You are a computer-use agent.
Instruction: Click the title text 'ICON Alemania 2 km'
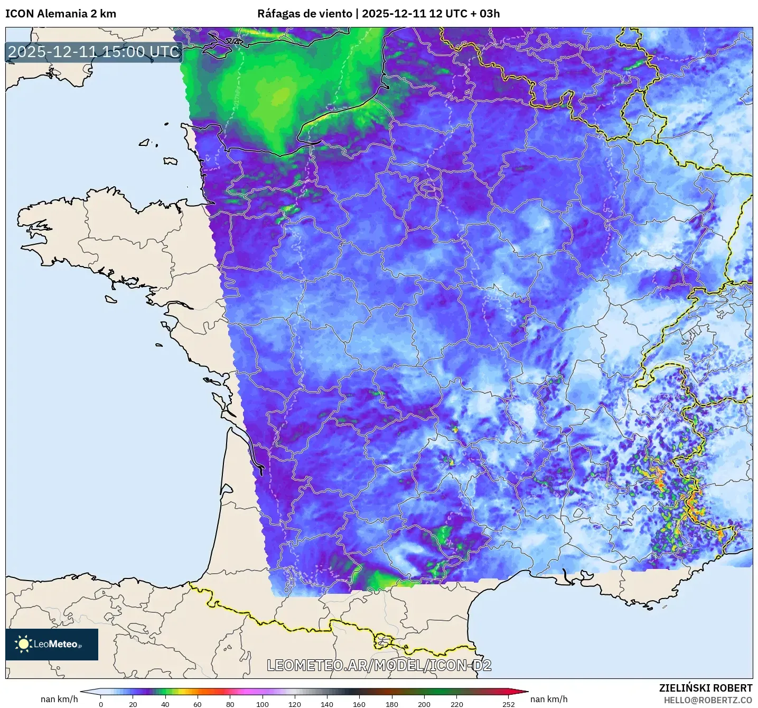coord(60,14)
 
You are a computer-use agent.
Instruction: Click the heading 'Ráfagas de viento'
coord(304,14)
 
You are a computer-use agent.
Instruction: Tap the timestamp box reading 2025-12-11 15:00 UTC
coord(94,52)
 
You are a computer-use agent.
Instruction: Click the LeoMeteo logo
coord(52,644)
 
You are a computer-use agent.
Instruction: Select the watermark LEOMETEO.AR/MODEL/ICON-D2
coord(379,665)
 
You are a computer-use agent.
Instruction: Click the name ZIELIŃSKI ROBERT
coord(705,688)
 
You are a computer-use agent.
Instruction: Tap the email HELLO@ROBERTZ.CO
coord(708,700)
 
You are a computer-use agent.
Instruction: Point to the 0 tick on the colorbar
coord(101,704)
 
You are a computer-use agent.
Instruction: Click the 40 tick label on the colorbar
coord(165,704)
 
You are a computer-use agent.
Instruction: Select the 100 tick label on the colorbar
coord(263,704)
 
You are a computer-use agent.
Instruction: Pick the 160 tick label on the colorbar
coord(359,704)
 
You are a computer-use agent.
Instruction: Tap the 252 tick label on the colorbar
coord(508,704)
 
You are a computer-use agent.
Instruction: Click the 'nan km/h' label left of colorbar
coord(59,699)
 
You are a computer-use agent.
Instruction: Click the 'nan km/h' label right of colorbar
coord(549,699)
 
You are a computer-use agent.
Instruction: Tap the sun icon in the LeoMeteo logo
coord(24,644)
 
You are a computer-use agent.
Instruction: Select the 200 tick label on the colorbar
coord(424,704)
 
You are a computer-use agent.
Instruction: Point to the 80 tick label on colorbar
coord(230,704)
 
